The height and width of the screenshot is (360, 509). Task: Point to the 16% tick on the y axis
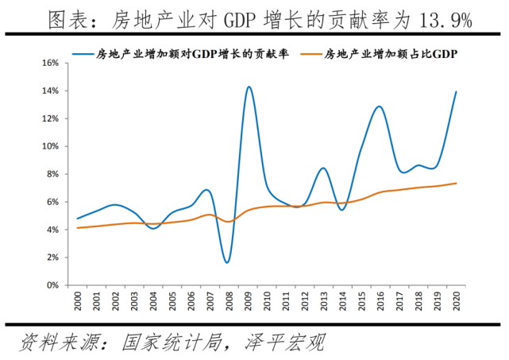(49, 63)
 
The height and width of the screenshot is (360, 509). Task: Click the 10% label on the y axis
(49, 146)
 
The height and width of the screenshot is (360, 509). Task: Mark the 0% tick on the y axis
(52, 285)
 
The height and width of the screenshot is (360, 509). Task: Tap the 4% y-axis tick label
(52, 230)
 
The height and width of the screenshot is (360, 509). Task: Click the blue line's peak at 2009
(249, 87)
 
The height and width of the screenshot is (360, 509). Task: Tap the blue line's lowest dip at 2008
(228, 262)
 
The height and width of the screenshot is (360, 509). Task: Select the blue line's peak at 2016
(380, 106)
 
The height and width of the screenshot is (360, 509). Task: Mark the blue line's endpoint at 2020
(456, 91)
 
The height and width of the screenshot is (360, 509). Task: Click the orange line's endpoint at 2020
(456, 183)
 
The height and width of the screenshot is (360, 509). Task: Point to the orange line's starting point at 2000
(77, 228)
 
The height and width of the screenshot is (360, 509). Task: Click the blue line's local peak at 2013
(323, 168)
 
